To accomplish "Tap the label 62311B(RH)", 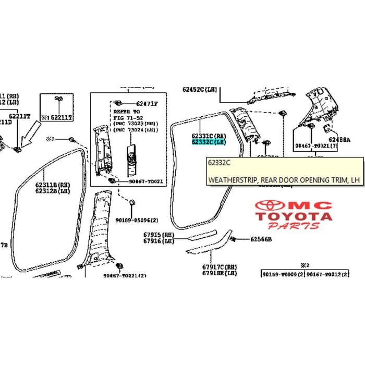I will coord(53,185).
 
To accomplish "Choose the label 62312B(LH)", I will coord(53,191).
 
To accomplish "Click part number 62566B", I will coord(261,239).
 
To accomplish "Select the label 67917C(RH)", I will coord(220,266).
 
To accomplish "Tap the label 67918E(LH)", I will coord(220,273).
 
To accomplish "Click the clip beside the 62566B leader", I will coord(233,239).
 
